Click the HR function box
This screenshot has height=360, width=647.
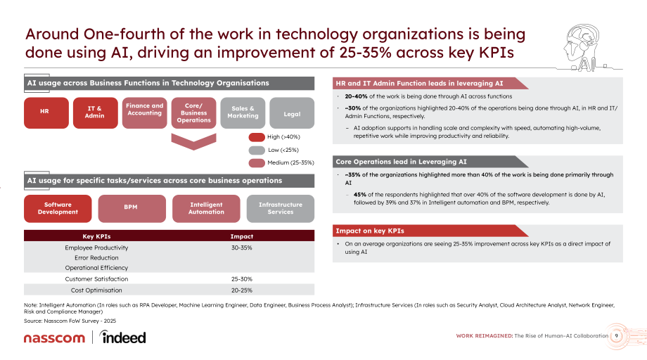click(x=46, y=112)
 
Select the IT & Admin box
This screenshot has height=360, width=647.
click(x=96, y=112)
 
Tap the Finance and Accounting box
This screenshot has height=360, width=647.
click(x=144, y=112)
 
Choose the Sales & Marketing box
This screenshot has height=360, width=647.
click(x=243, y=112)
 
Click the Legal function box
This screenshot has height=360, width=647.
click(x=292, y=112)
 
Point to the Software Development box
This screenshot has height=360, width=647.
click(x=58, y=208)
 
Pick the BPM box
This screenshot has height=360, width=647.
click(x=132, y=208)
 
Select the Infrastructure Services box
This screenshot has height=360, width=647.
click(x=281, y=208)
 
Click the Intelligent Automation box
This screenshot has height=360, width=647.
click(x=206, y=208)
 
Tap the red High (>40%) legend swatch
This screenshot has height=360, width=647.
click(x=257, y=137)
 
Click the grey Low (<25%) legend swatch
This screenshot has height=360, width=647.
click(x=257, y=150)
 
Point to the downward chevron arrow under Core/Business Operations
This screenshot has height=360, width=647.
click(x=193, y=142)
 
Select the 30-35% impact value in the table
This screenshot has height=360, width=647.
click(x=242, y=247)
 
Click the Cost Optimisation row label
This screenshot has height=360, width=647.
click(x=96, y=290)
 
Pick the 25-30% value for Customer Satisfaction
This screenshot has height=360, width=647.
click(x=242, y=279)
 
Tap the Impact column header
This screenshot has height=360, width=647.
click(x=242, y=236)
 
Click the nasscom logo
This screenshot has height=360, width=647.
click(x=54, y=338)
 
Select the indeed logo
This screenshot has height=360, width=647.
click(x=122, y=337)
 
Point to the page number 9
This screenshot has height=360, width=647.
click(x=617, y=335)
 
